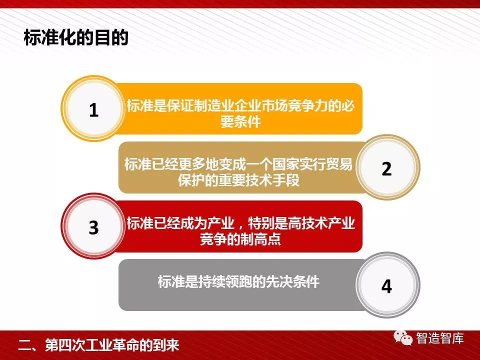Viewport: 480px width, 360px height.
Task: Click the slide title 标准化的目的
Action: [x=76, y=37]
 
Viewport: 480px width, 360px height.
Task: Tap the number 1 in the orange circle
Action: [x=93, y=110]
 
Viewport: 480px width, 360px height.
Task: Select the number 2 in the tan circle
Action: [x=386, y=168]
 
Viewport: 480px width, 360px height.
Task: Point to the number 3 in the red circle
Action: [x=93, y=227]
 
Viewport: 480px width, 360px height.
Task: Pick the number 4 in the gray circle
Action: [x=386, y=286]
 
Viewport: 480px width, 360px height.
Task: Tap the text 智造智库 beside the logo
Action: [x=440, y=338]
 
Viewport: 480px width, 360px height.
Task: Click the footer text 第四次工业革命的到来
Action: [x=112, y=345]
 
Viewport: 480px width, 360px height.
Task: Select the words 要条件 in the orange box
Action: [x=240, y=121]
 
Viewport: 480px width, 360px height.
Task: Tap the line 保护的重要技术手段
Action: [x=239, y=180]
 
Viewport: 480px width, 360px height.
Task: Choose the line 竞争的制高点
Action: [x=240, y=239]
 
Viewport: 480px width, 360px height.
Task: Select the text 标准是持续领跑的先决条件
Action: [x=239, y=281]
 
